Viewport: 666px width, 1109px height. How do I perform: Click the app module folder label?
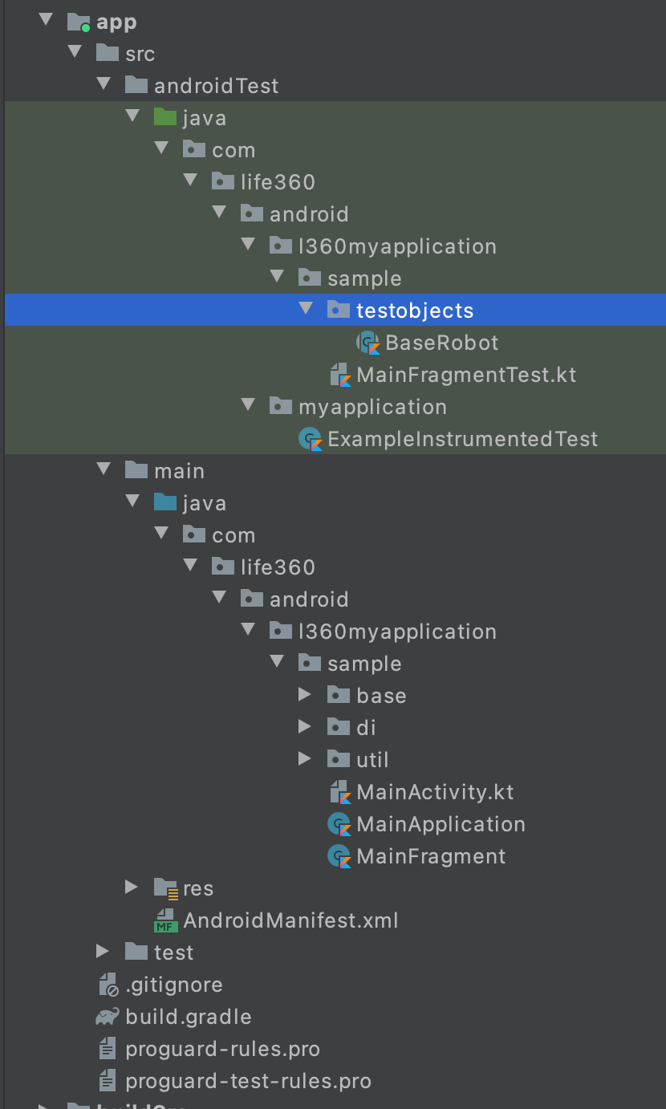116,22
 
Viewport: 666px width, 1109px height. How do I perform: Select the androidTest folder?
216,86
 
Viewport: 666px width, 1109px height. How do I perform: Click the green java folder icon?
164,118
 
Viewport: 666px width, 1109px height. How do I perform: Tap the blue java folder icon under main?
164,503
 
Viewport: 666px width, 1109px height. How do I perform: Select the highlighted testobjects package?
414,311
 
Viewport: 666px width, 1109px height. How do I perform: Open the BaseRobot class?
441,343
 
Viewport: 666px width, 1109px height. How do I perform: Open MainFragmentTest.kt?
465,375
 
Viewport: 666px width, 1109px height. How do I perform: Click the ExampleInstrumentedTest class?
462,439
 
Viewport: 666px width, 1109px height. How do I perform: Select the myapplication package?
372,407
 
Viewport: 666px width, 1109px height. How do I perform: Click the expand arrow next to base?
304,695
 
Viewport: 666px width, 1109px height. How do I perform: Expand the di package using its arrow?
304,727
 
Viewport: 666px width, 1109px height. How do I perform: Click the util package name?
372,760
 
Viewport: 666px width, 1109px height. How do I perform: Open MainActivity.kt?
435,792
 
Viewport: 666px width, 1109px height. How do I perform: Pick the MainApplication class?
441,824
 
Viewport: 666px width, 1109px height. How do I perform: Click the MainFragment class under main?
431,856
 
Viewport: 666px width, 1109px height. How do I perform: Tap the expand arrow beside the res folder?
132,888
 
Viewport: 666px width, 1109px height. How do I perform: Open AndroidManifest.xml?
290,920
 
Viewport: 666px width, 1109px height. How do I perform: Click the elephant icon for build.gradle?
107,1017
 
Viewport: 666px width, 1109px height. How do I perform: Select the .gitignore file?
173,985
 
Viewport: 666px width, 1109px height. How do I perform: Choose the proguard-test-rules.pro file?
248,1081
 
